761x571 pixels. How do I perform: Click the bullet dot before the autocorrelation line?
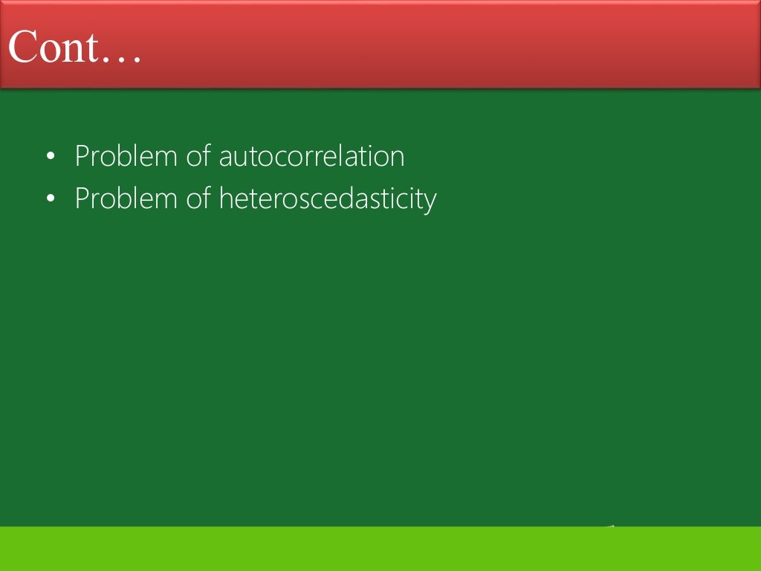point(50,157)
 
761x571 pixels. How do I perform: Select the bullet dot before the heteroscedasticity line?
point(50,199)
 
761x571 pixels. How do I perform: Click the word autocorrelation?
point(311,157)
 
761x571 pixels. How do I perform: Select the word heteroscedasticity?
point(328,199)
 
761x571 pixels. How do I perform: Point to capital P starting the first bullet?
point(82,157)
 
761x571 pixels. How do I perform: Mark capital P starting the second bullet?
point(82,199)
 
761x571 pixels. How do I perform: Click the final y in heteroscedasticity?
point(430,202)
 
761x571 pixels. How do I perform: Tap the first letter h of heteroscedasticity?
point(225,199)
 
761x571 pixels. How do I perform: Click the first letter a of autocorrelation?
point(226,158)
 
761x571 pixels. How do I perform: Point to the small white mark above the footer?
point(611,526)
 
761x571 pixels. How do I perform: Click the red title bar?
point(446,45)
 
